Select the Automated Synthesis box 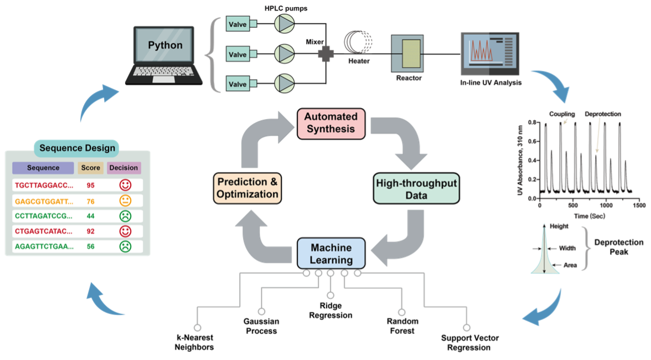[330, 123]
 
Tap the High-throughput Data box [417, 189]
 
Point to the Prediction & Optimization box [247, 188]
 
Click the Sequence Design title [77, 148]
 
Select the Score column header [90, 168]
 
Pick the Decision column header [123, 168]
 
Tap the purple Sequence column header [43, 168]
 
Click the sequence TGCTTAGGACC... [44, 184]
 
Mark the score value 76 [90, 200]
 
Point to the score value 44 [90, 216]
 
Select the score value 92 [90, 231]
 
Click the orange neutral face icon [125, 200]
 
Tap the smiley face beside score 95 [125, 184]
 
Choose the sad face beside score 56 [125, 246]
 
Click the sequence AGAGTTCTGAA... [44, 246]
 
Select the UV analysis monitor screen [489, 54]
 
